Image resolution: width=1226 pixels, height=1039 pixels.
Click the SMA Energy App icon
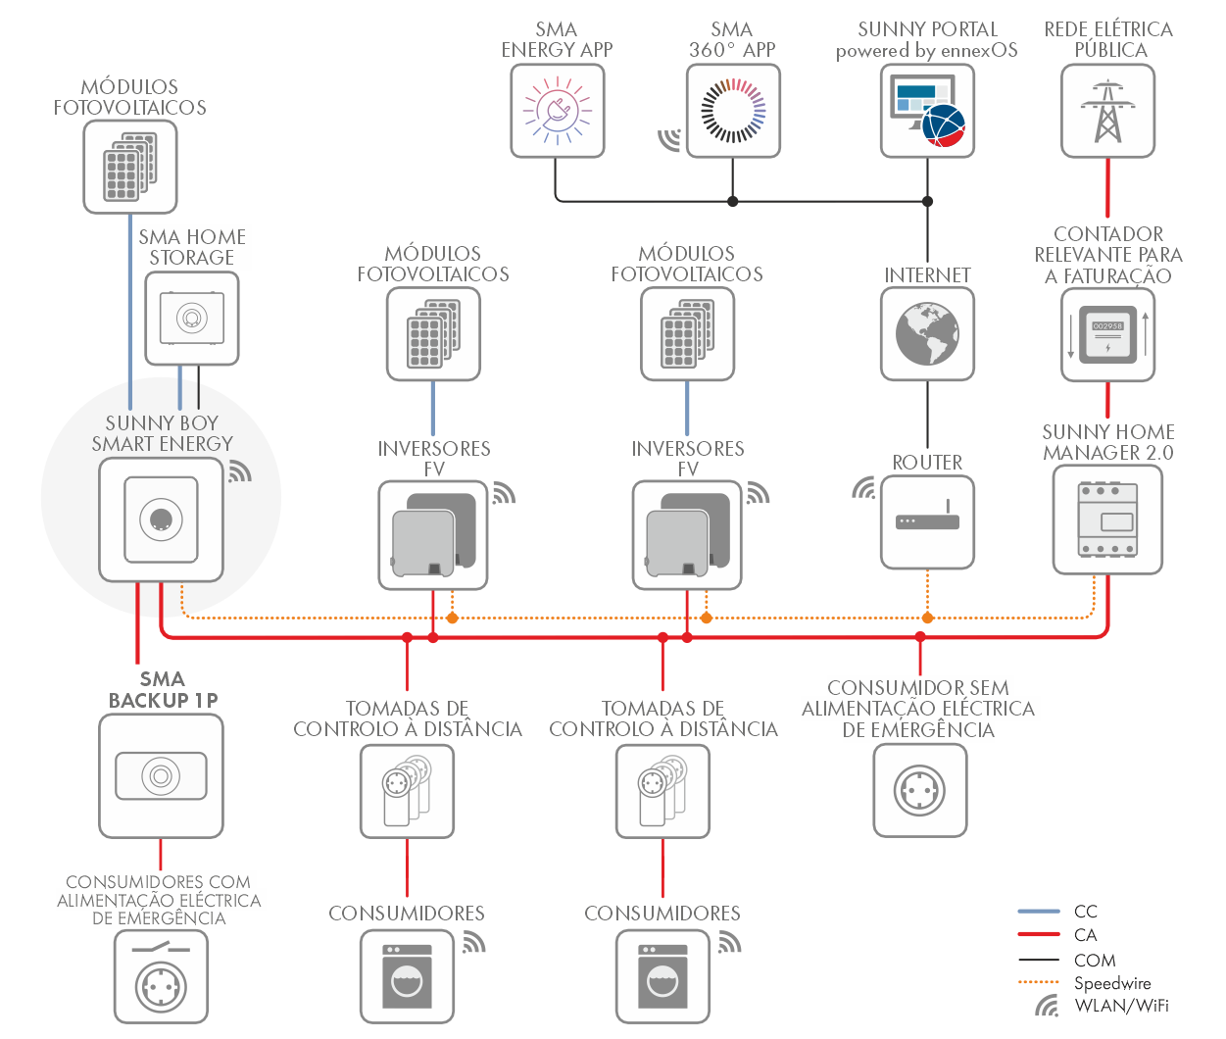coord(557,111)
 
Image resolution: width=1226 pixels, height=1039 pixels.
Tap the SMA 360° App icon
coord(732,111)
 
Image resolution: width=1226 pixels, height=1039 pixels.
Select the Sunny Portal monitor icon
coord(927,111)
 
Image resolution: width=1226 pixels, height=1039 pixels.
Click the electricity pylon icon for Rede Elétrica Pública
coord(1107,111)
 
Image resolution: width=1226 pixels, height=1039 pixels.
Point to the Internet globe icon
coord(927,333)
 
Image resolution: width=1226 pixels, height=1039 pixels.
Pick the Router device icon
coord(927,521)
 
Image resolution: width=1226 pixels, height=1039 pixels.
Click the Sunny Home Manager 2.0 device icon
coord(1107,519)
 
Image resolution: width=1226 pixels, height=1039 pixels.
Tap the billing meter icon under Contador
coord(1107,333)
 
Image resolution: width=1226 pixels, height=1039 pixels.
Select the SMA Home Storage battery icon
coord(191,318)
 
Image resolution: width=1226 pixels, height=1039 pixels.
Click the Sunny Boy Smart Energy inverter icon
coord(161,519)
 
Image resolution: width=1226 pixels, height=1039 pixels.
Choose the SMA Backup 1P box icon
coord(161,775)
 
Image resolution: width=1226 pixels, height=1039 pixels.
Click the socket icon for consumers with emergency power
coord(161,980)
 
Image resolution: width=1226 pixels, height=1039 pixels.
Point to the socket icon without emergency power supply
coord(919,790)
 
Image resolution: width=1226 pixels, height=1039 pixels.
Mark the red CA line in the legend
coord(1039,935)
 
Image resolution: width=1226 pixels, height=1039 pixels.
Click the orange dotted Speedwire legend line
coord(1039,982)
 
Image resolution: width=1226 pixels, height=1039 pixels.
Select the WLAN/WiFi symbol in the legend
coord(1048,1006)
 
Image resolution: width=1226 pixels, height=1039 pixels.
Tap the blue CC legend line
coord(1039,912)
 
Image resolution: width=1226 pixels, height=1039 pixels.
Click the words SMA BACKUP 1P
coord(163,689)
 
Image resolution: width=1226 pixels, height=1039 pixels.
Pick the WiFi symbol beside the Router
coord(863,487)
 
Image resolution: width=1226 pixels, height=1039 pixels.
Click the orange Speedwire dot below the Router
coord(927,618)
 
